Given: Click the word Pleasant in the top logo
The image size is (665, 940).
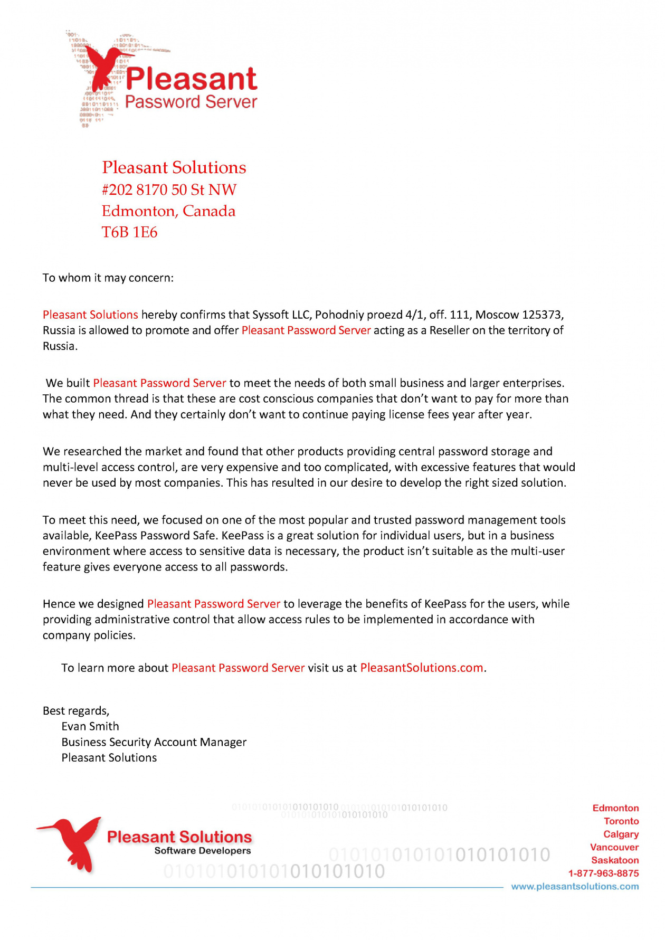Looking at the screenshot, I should (x=191, y=79).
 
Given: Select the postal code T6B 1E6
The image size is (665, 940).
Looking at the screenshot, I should (x=130, y=232).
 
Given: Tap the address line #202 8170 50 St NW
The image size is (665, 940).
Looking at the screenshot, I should (x=169, y=189).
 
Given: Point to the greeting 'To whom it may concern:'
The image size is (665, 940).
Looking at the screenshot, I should (x=108, y=278).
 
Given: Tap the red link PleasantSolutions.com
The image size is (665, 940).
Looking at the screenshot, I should (x=421, y=668).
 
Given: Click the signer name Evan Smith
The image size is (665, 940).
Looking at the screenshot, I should (x=90, y=726).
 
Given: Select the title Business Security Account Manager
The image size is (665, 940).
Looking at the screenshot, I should (x=154, y=742).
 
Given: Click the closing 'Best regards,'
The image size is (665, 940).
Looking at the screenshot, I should (x=76, y=711).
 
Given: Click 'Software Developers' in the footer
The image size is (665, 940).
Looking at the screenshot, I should (x=203, y=850).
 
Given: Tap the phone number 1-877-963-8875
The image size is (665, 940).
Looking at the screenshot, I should (x=603, y=873).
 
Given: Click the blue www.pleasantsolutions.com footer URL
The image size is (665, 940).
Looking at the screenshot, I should (x=575, y=887).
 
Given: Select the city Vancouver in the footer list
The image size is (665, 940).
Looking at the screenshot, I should (x=614, y=847).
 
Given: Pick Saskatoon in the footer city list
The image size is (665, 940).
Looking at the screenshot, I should (x=615, y=860).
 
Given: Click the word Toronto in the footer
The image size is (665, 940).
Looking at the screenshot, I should (x=621, y=821).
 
